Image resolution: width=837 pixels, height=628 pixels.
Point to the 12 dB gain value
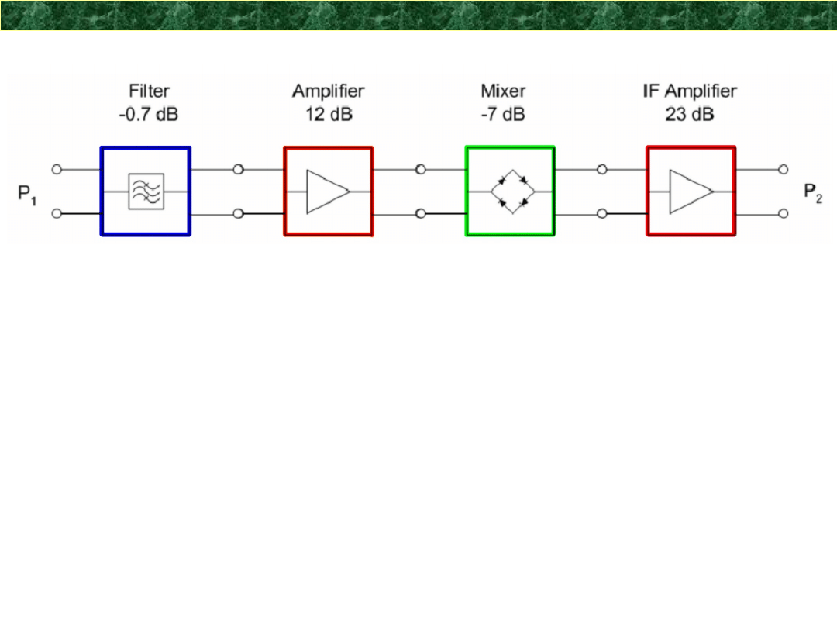(328, 114)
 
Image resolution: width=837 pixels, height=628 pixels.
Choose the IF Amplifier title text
(689, 91)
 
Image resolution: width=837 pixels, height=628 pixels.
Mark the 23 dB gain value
(689, 114)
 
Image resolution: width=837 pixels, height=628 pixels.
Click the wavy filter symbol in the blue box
(146, 191)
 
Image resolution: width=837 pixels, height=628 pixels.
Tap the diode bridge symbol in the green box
(510, 191)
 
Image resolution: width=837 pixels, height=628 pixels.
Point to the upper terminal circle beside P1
(57, 169)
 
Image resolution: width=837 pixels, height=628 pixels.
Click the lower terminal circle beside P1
(57, 213)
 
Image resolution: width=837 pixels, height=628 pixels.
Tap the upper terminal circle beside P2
(784, 169)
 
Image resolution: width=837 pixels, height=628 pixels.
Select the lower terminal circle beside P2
(784, 213)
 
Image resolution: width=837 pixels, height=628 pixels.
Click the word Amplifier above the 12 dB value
(328, 91)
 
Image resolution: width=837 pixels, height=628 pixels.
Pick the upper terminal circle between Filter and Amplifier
(239, 169)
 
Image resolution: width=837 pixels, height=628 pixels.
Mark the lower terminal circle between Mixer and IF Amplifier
(602, 213)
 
